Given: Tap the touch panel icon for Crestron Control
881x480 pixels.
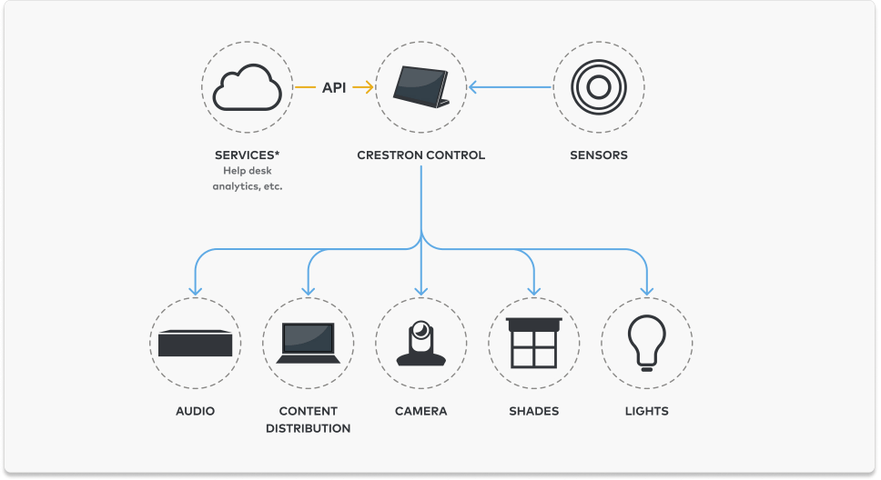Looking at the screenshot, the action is click(x=420, y=87).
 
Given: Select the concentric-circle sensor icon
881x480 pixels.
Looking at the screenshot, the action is click(x=598, y=87).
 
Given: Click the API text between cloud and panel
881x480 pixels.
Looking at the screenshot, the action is click(x=334, y=87).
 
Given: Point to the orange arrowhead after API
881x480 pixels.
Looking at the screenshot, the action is click(x=370, y=87).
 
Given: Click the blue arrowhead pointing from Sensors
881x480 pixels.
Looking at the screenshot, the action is click(x=473, y=87).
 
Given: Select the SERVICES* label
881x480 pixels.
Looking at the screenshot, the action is click(x=248, y=155).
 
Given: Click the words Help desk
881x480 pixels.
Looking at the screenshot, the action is click(x=248, y=171).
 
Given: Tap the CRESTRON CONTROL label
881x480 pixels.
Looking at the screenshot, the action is click(x=420, y=155).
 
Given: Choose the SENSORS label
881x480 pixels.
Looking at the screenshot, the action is click(x=598, y=155).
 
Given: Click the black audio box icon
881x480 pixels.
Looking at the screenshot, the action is click(x=195, y=343).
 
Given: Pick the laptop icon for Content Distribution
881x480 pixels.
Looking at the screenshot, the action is click(x=308, y=343).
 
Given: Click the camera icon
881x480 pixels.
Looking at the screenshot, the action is click(x=420, y=343).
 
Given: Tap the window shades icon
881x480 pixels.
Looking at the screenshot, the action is click(x=533, y=343).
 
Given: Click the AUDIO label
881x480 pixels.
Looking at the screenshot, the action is click(x=195, y=411).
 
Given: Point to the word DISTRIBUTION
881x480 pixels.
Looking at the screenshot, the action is click(x=308, y=428).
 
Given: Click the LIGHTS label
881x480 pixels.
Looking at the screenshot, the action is click(x=647, y=411).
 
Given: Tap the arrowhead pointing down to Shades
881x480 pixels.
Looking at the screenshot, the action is click(x=533, y=291).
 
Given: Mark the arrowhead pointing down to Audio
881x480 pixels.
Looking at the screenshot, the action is click(x=195, y=291).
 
